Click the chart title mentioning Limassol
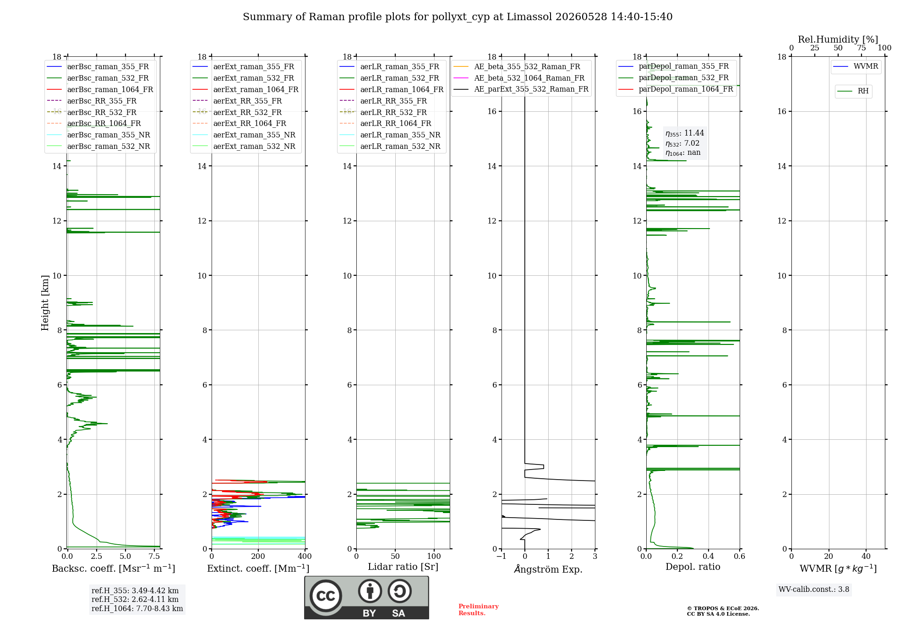point(458,17)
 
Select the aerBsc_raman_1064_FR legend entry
point(100,89)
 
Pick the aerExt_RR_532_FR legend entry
point(237,112)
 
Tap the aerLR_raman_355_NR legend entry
point(390,135)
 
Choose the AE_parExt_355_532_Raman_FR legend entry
point(521,89)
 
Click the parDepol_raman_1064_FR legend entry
point(676,89)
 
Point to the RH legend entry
point(853,91)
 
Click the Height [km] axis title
point(45,303)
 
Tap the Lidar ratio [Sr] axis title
point(403,567)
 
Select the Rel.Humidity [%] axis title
point(838,39)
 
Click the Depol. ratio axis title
point(693,567)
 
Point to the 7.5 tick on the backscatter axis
point(154,557)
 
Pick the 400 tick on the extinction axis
point(305,557)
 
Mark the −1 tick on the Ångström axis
point(502,557)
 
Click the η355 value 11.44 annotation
point(685,133)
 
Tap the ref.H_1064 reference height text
point(137,608)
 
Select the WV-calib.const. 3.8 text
point(814,590)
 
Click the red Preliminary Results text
point(479,610)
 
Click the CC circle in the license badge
point(326,596)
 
